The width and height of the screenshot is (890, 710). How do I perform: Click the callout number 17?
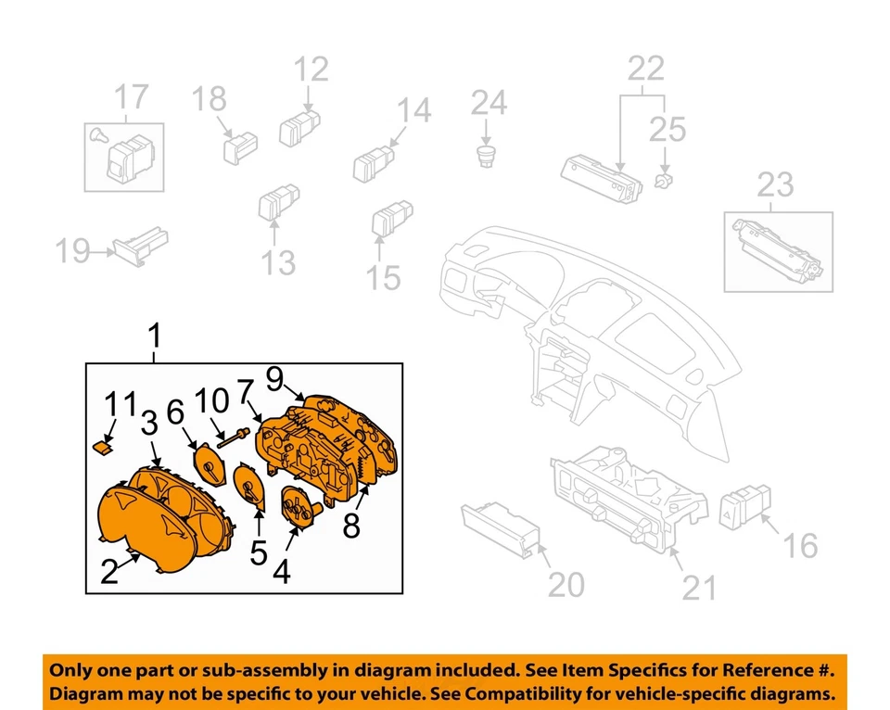point(131,96)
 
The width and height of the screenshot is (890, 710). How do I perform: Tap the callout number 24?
point(488,103)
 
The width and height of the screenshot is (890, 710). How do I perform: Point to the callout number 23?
point(776,185)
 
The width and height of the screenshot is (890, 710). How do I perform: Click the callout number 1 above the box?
point(155,335)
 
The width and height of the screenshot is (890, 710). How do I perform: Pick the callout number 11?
point(120,405)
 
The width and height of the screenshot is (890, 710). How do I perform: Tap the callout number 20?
point(566,585)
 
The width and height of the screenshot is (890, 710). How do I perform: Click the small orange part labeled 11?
point(103,446)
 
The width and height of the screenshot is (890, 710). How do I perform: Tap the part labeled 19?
point(135,247)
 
